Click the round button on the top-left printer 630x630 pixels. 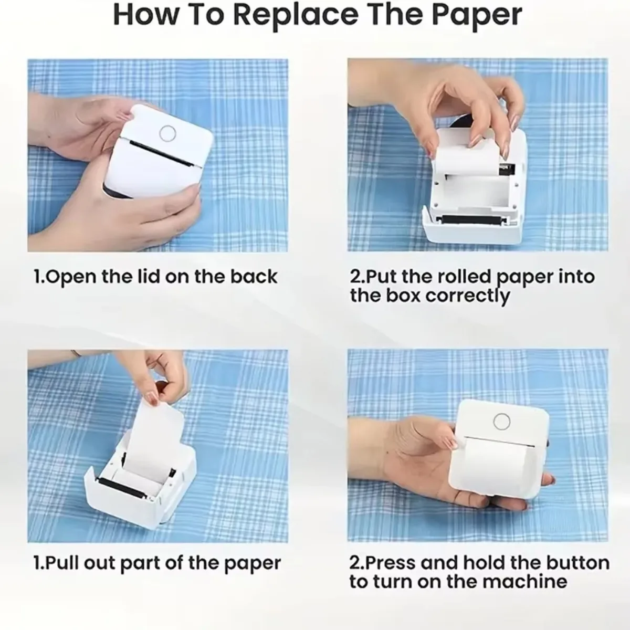pyautogui.click(x=167, y=133)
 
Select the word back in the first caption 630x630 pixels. pyautogui.click(x=255, y=277)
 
